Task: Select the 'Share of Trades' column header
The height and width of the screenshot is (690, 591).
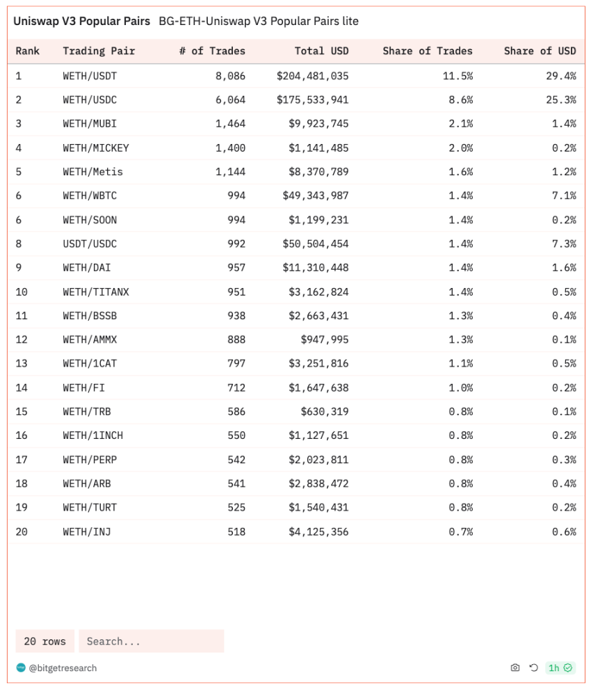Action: coord(427,51)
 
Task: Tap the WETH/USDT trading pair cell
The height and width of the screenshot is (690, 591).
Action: coord(90,76)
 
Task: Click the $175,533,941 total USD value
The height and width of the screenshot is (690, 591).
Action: coord(312,100)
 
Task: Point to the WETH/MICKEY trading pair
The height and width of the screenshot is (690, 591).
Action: coord(95,148)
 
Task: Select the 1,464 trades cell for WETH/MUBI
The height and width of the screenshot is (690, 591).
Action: coord(230,124)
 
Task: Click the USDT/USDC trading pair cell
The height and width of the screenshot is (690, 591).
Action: coord(90,244)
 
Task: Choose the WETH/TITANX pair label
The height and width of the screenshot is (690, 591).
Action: coord(95,292)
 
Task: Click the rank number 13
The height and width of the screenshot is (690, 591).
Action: coord(22,364)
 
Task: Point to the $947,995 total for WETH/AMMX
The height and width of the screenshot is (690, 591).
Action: coord(325,340)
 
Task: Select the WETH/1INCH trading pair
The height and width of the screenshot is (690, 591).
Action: coord(92,435)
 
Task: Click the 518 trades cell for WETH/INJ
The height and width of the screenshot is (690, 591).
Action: coord(236,532)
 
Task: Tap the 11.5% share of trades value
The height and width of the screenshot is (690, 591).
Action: coord(458,76)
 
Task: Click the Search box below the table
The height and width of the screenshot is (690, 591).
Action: coord(151,641)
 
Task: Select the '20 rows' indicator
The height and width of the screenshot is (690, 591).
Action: coord(44,641)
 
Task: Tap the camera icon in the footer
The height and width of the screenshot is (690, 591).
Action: coord(515,668)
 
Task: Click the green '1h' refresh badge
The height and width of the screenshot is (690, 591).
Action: coord(560,668)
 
